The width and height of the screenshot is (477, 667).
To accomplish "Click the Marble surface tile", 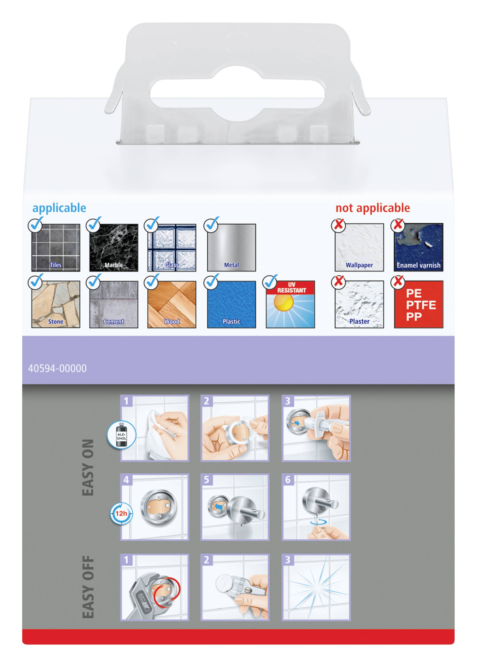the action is point(114,247).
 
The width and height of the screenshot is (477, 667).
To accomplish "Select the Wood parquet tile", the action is point(172,304).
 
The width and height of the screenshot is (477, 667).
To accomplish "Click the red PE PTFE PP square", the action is point(419,304).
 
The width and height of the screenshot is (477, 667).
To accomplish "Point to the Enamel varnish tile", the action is point(419,247).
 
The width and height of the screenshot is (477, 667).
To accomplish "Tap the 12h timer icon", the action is point(121,514).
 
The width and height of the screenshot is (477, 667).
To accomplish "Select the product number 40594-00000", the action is point(57,368).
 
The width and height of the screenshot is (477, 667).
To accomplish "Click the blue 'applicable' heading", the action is point(59,208).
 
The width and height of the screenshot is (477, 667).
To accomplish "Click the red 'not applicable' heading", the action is point(373,208).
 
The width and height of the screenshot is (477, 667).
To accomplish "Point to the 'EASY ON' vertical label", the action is point(88,467).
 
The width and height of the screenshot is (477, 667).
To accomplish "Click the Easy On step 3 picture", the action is point(316,428).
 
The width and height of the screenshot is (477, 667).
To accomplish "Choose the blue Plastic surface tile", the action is point(232,304).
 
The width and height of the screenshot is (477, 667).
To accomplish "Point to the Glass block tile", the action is point(172,247).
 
